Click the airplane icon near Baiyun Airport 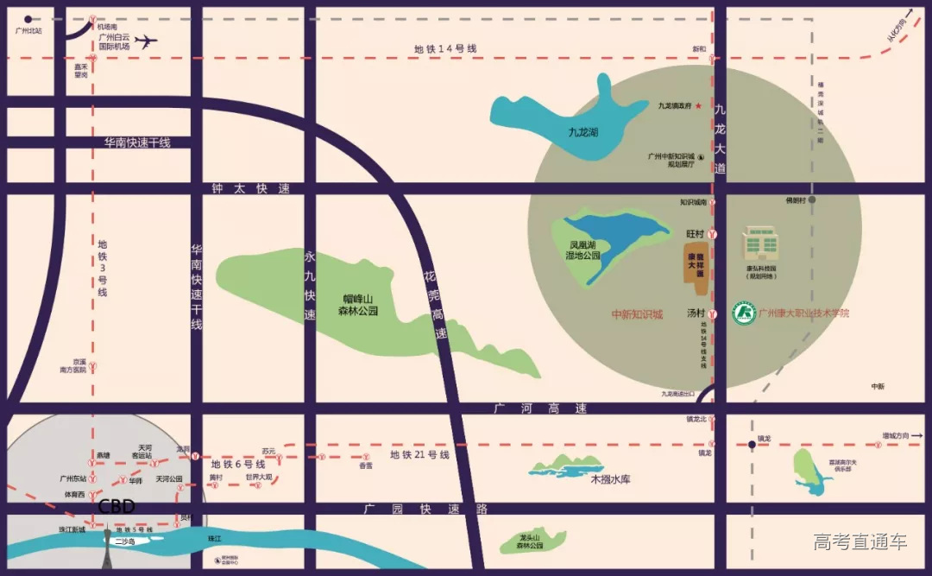click(148, 41)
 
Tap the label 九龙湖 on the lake click(583, 133)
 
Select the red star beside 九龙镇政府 click(699, 105)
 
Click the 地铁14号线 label click(444, 49)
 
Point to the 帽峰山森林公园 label click(360, 305)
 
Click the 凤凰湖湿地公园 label click(578, 250)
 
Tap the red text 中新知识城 click(637, 314)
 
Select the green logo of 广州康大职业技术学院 click(743, 313)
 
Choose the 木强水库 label click(610, 478)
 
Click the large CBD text click(116, 506)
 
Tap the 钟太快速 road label click(251, 188)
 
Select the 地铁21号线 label click(419, 454)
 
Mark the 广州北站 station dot click(28, 18)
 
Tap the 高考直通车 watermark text click(860, 542)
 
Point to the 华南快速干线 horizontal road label click(137, 142)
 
